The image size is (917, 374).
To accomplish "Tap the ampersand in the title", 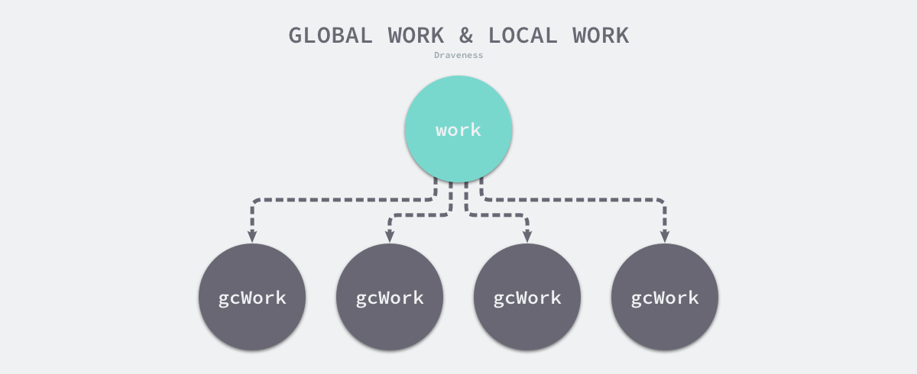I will point(468,35).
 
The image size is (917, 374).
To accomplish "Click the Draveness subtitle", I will point(458,56).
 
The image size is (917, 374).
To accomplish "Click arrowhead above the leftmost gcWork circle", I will point(252,236).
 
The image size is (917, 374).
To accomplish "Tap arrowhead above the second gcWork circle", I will point(390,236).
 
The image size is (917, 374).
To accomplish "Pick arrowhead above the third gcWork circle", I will point(527,236).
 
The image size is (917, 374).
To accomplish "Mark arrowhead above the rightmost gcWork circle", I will point(665,236).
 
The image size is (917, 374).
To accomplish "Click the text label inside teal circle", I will point(458,130).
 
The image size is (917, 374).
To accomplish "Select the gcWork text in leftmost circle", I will point(252,298).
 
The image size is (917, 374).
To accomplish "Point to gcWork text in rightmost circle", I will point(665,298).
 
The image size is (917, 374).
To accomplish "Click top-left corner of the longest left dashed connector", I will point(254,202).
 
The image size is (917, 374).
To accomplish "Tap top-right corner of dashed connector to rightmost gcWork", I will point(663,202).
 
